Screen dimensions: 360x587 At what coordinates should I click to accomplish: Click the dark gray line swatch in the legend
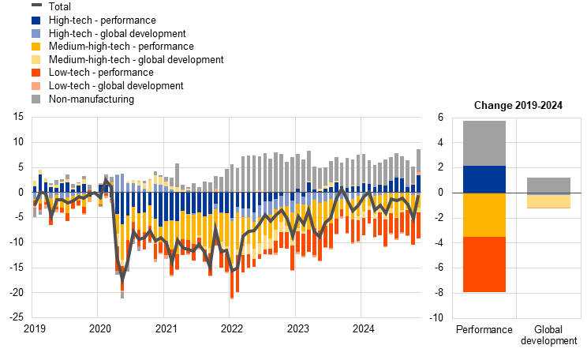[36, 5]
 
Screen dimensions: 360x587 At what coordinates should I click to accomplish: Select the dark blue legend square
[36, 21]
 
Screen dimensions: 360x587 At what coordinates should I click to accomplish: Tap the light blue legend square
[36, 33]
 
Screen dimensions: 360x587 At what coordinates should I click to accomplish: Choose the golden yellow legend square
[36, 47]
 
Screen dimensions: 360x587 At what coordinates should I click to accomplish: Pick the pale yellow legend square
[36, 59]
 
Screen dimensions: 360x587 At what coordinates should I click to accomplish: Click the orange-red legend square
[36, 73]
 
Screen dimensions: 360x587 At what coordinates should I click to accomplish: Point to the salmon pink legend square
[36, 85]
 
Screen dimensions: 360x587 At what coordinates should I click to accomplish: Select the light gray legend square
[36, 99]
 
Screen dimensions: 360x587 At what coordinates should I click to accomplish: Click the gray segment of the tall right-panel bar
[484, 143]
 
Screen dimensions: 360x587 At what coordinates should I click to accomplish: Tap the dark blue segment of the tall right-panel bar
[484, 179]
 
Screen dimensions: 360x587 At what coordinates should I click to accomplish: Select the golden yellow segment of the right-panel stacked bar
[484, 215]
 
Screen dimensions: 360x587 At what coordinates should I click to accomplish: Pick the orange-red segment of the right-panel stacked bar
[484, 264]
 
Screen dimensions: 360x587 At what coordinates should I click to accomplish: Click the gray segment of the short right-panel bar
[548, 186]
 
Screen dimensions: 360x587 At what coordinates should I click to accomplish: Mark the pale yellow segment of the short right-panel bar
[548, 201]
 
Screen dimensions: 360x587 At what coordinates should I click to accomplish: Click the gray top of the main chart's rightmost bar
[419, 158]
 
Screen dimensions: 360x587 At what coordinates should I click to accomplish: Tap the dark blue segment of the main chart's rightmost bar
[419, 184]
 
